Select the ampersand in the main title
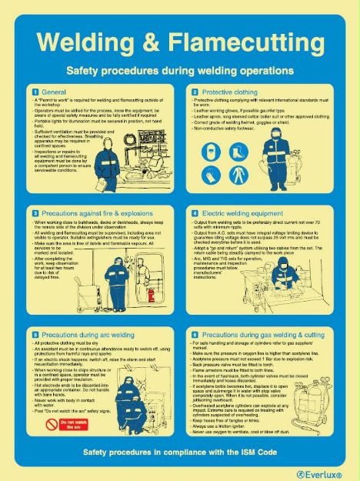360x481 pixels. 161,44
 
